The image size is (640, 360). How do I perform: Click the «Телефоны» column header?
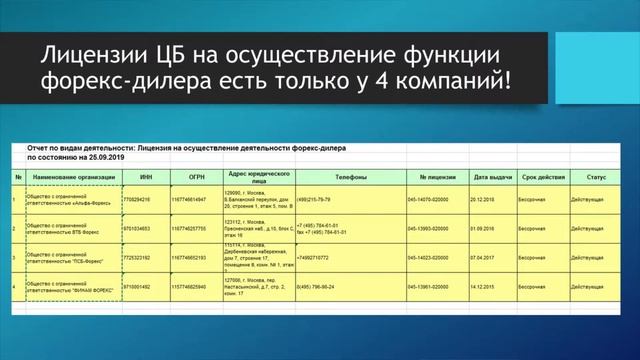coord(330,177)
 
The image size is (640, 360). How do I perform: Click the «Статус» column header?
coord(597,177)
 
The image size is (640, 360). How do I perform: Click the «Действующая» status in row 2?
coord(594,228)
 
